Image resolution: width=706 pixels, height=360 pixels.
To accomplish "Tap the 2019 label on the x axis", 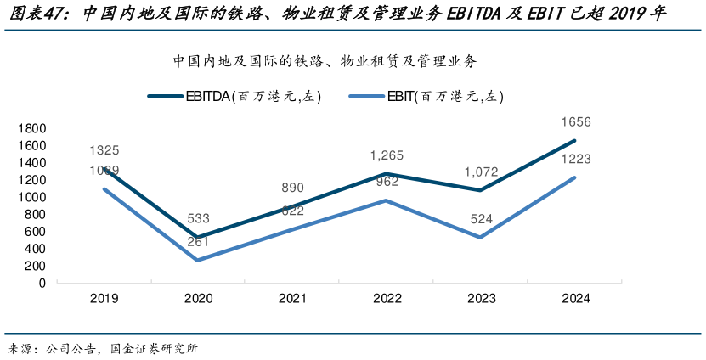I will pos(104,299).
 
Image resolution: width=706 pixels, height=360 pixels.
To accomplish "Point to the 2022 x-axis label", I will pos(387,299).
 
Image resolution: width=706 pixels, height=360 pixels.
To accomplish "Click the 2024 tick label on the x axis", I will pos(575,299).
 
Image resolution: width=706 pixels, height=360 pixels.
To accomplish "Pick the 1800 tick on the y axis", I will pos(31,128).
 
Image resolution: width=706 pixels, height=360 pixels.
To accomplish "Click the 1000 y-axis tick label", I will pos(31,197).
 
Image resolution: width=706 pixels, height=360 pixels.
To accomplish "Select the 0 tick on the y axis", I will pos(42,283).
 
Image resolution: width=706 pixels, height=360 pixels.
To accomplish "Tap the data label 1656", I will pos(575,122).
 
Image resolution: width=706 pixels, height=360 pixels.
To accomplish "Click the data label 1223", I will pos(575,159).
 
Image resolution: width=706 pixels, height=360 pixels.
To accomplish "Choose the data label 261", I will pos(198,242).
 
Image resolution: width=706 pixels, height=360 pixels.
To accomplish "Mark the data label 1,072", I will pos(481,172).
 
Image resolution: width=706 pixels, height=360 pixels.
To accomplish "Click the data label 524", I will pos(481,219).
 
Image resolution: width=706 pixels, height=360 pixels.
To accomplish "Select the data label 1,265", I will pos(387,155).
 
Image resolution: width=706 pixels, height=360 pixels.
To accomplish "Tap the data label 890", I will pos(292,188).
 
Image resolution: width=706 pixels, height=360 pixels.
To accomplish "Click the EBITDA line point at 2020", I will pos(198,237).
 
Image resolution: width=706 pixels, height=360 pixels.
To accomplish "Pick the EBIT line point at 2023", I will pos(481,238).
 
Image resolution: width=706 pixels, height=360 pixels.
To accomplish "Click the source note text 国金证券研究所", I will pos(148,349).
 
